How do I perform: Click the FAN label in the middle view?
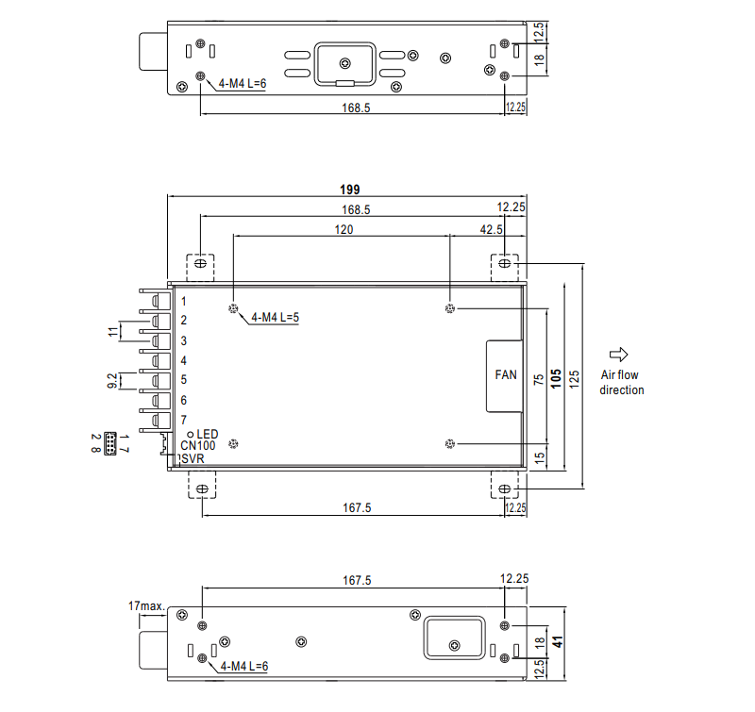tap(506, 374)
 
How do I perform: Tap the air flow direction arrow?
tap(619, 355)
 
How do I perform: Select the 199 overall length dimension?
tap(349, 190)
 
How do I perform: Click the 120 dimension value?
tap(344, 229)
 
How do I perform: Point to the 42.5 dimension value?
tap(491, 229)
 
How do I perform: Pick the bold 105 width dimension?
tap(556, 378)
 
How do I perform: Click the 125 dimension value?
tap(574, 379)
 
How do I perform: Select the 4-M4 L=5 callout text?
tap(275, 318)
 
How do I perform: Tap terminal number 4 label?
tap(183, 360)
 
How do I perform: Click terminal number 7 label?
tap(183, 420)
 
